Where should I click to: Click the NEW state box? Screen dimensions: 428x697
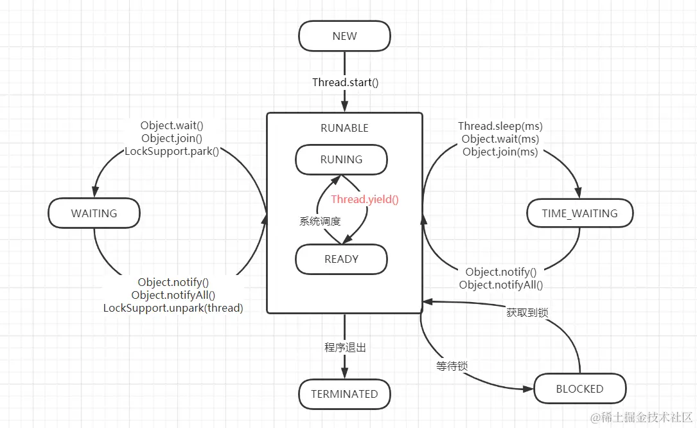point(344,36)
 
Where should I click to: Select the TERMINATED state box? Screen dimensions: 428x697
point(344,394)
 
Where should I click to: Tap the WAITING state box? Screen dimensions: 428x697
point(94,213)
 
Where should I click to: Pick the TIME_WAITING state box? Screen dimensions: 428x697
point(579,213)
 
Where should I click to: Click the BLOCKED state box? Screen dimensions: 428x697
point(579,389)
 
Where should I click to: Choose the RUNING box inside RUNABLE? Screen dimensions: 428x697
point(341,159)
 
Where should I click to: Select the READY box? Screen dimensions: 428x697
point(341,259)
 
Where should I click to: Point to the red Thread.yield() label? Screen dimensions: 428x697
point(365,199)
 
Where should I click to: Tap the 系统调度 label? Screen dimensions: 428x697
point(319,221)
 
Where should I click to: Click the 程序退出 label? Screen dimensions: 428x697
point(345,347)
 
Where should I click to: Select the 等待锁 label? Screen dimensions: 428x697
point(452,366)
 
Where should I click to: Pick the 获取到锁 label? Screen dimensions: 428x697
point(527,312)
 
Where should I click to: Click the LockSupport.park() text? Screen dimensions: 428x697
point(172,152)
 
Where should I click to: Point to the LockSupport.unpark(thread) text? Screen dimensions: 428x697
point(173,308)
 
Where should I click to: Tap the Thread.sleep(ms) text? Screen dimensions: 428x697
point(500,126)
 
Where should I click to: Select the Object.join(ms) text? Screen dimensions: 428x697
point(500,152)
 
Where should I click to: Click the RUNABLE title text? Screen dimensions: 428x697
point(344,128)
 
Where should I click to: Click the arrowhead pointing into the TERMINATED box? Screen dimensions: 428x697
point(344,374)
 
